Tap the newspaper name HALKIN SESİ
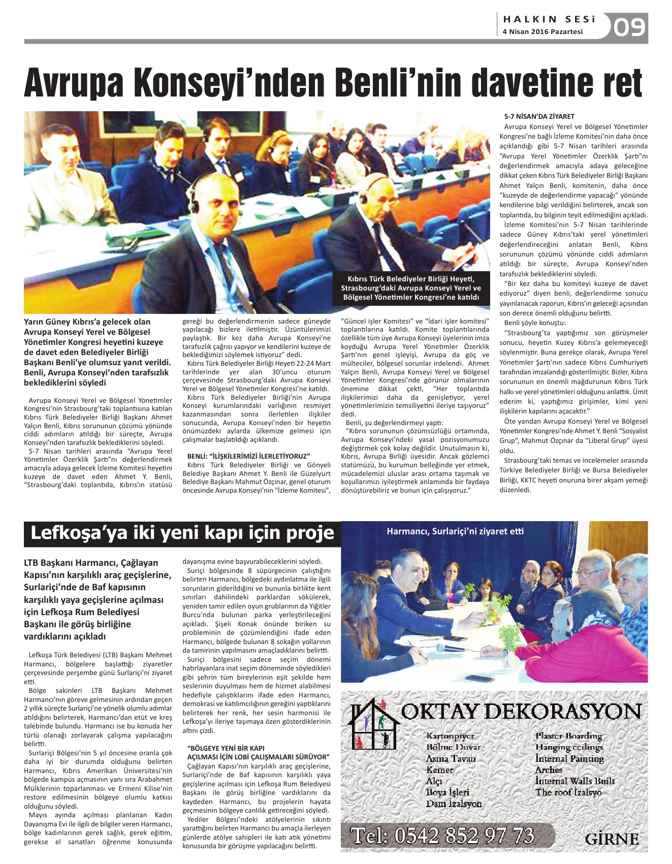pos(549,19)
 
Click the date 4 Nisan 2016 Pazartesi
pos(542,31)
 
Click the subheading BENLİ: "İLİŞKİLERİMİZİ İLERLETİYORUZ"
pos(248,456)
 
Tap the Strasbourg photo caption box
pos(411,288)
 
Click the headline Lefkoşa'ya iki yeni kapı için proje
pos(182,533)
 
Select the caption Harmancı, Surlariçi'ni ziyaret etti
pos(455,531)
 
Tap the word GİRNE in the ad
pos(612,839)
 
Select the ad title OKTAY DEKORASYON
pos(521,712)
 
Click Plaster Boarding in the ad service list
pos(568,736)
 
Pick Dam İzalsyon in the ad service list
pos(454,804)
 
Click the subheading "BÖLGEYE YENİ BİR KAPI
pos(226,748)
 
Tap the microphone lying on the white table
pos(450,648)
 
